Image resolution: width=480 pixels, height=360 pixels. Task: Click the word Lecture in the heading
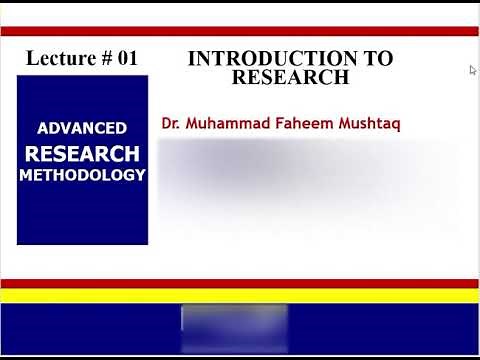click(x=58, y=58)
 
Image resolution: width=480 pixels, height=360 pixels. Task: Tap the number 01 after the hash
click(x=126, y=58)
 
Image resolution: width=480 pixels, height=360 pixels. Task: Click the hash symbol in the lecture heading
click(x=105, y=58)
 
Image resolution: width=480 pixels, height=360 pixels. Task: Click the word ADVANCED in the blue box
click(x=82, y=128)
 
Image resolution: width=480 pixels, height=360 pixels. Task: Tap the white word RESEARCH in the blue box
click(x=82, y=154)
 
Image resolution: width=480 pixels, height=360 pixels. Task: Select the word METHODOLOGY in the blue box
click(x=82, y=175)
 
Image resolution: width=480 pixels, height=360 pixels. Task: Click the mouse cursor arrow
click(x=472, y=69)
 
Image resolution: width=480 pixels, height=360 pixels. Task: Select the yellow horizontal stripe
click(x=240, y=295)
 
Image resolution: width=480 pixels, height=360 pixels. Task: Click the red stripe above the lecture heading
click(x=240, y=31)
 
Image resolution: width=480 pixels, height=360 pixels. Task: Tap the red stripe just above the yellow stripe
click(x=240, y=283)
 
